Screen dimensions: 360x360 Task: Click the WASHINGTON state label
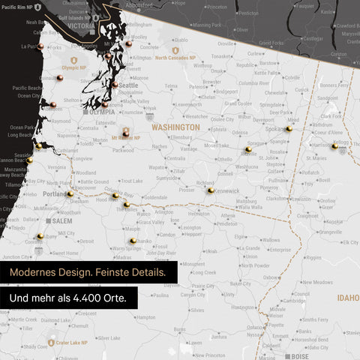[x=176, y=127]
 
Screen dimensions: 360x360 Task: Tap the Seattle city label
[x=129, y=85]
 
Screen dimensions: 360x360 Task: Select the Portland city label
[x=54, y=194]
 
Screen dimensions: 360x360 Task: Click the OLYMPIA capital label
[x=101, y=112]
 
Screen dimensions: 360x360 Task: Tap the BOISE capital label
[x=301, y=356]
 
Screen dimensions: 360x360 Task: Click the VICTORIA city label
[x=80, y=25]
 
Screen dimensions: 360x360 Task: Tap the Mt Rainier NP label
[x=131, y=138]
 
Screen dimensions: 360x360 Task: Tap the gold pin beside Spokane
[x=289, y=128]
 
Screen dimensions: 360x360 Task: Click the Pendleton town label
[x=226, y=224]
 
